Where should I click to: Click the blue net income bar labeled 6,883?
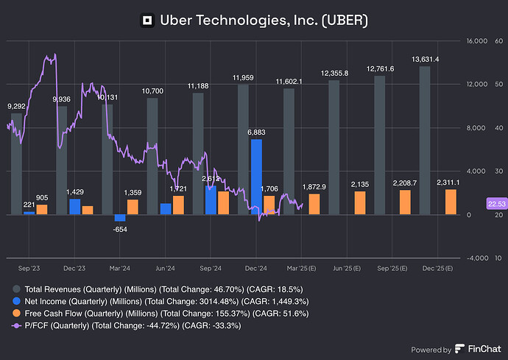tap(257, 177)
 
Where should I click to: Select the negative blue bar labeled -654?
tap(120, 218)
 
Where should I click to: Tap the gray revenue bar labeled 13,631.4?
tap(425, 141)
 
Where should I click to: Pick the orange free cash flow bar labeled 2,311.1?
tap(451, 202)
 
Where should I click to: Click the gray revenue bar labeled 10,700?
tap(152, 156)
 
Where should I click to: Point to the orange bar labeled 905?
tap(42, 209)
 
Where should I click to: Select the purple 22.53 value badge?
tap(497, 204)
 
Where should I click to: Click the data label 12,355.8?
tap(334, 74)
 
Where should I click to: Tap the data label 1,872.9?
tap(314, 187)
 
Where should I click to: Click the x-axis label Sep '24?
tap(211, 268)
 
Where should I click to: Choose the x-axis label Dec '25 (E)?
tap(438, 268)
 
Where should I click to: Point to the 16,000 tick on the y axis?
tap(477, 41)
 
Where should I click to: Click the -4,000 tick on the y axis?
tap(478, 258)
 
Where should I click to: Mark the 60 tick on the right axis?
tap(499, 41)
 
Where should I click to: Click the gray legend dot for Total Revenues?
tap(16, 289)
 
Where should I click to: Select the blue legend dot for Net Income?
tap(16, 301)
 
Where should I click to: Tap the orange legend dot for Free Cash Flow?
tap(16, 314)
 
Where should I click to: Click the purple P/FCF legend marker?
tap(16, 325)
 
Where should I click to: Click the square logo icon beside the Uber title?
tap(147, 21)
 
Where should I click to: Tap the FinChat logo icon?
tap(459, 349)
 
